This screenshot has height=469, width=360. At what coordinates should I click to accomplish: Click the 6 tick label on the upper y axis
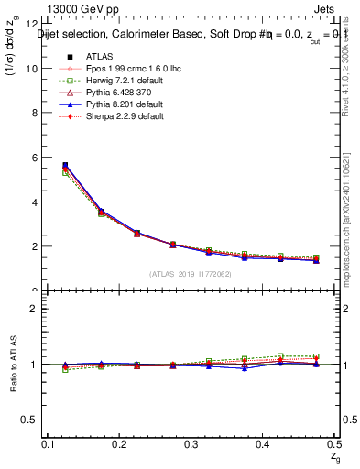click(36, 158)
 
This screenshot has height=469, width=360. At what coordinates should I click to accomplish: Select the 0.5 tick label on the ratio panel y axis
click(32, 420)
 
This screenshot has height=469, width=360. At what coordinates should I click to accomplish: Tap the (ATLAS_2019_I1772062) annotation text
click(191, 274)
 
